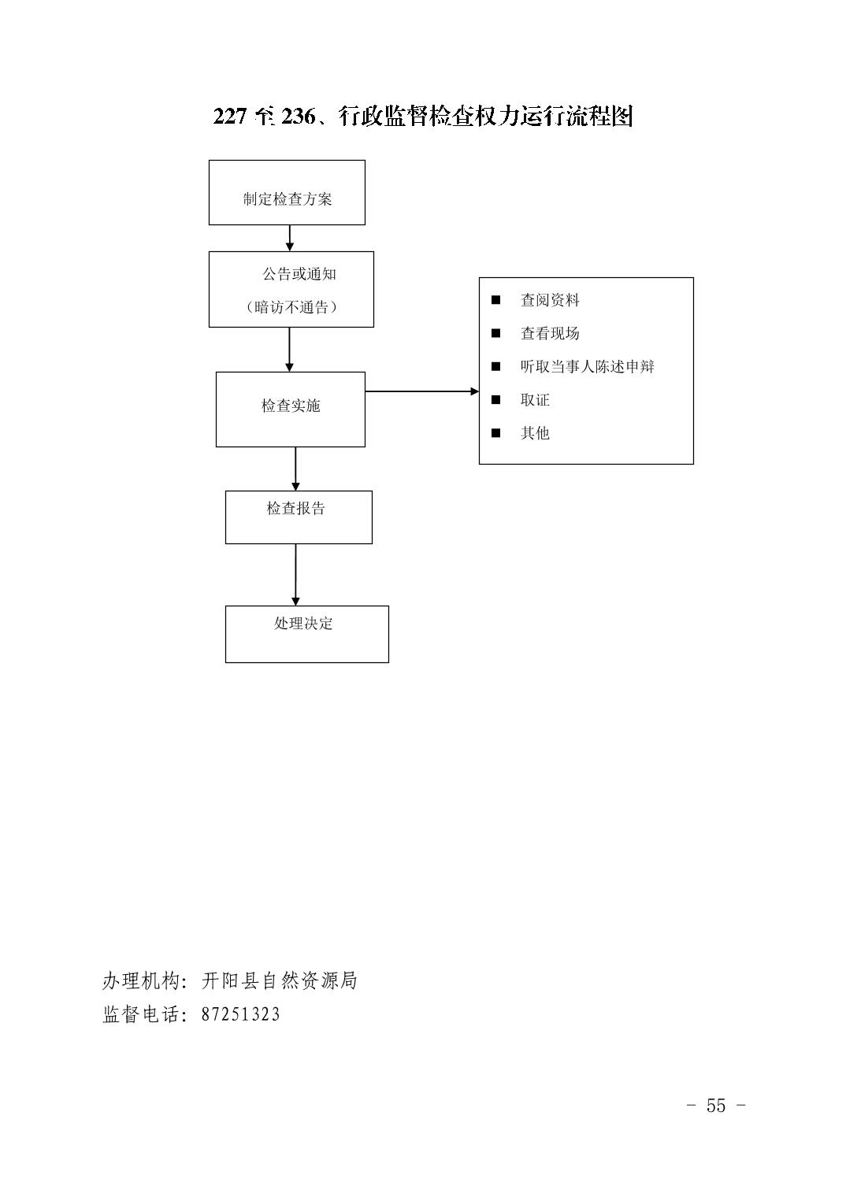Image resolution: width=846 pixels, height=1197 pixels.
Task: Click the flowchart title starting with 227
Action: (423, 117)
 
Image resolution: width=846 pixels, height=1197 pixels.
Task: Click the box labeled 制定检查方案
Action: (287, 192)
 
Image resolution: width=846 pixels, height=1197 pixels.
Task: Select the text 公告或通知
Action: (299, 274)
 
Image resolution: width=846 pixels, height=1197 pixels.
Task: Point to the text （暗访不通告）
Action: (291, 307)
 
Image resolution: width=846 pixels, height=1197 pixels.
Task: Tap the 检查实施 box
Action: (290, 409)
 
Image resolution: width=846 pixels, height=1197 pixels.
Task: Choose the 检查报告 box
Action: (299, 517)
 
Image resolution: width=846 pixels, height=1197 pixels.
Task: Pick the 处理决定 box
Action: (306, 634)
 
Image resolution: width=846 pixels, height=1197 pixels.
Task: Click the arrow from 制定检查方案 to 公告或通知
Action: (290, 238)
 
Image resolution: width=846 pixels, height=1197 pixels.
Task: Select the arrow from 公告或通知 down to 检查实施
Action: (289, 350)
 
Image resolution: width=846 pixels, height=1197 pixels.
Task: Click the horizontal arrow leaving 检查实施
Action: (422, 391)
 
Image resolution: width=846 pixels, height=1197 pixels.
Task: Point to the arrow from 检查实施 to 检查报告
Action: (295, 469)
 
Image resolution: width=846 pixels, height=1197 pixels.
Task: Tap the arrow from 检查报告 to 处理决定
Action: (295, 574)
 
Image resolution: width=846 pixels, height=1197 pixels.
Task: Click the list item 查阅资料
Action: (550, 300)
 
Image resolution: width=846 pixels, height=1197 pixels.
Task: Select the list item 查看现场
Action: (550, 333)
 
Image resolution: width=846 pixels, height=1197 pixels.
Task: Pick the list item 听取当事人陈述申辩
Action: (588, 367)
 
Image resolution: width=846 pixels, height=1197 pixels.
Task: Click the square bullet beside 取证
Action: (496, 400)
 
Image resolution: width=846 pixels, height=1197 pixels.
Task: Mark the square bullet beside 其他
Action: (496, 433)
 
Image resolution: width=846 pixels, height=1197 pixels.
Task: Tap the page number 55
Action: (716, 1105)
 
